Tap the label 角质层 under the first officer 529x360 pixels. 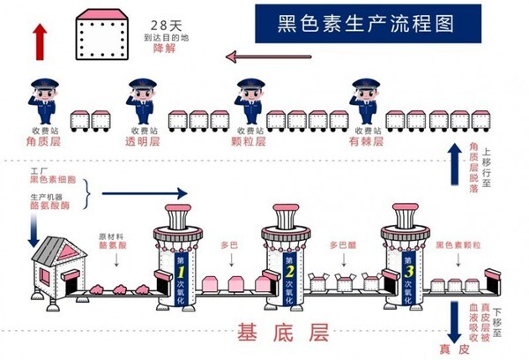pyautogui.click(x=42, y=140)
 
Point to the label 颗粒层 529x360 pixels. pyautogui.click(x=253, y=140)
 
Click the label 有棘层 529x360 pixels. pyautogui.click(x=366, y=140)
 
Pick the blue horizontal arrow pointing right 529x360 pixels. pyautogui.click(x=145, y=192)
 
